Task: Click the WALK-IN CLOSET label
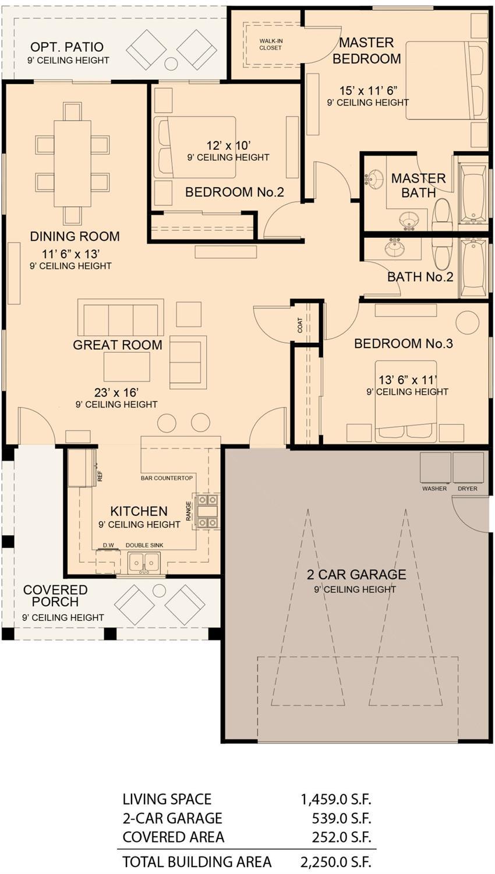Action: pyautogui.click(x=270, y=44)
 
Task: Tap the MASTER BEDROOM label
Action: pyautogui.click(x=366, y=51)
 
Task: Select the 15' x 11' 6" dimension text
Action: pyautogui.click(x=368, y=90)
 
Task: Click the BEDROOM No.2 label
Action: pyautogui.click(x=234, y=192)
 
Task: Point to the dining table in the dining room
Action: pyautogui.click(x=72, y=163)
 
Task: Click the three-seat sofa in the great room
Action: pyautogui.click(x=121, y=318)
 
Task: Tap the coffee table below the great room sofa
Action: pyautogui.click(x=126, y=367)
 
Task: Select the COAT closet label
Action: pyautogui.click(x=300, y=325)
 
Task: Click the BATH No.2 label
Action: pyautogui.click(x=420, y=276)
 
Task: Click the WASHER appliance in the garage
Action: pyautogui.click(x=435, y=468)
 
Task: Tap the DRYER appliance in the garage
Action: pyautogui.click(x=468, y=468)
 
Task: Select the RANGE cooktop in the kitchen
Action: pyautogui.click(x=208, y=511)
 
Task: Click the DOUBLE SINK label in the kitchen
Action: pyautogui.click(x=144, y=545)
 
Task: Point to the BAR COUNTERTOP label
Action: pyautogui.click(x=167, y=478)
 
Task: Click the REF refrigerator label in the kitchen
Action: pyautogui.click(x=100, y=476)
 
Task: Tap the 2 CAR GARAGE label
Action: pyautogui.click(x=356, y=574)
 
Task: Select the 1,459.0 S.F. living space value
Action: pyautogui.click(x=335, y=799)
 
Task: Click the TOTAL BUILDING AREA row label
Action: pyautogui.click(x=196, y=861)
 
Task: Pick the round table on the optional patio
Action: pyautogui.click(x=171, y=63)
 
